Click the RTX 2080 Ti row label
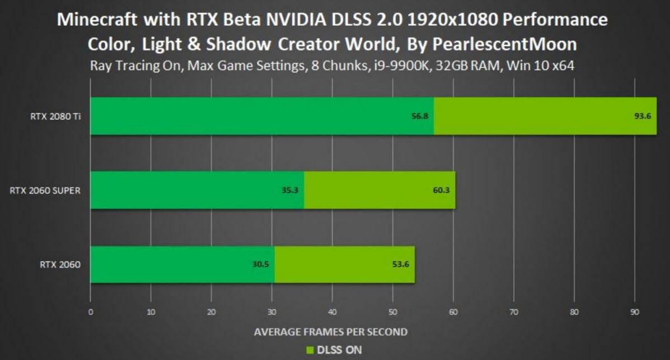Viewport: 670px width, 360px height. click(x=54, y=117)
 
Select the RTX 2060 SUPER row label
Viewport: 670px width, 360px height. click(x=45, y=190)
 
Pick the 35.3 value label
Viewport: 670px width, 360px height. click(x=289, y=190)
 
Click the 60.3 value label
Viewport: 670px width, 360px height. click(x=441, y=190)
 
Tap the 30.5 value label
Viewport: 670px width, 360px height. click(x=260, y=264)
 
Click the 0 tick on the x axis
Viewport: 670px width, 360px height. click(x=91, y=312)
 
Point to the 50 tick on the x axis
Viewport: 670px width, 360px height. click(x=393, y=312)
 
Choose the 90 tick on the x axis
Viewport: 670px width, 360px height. click(x=634, y=312)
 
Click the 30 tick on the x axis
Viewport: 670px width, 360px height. click(x=272, y=312)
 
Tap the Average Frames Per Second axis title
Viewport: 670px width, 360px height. click(x=331, y=331)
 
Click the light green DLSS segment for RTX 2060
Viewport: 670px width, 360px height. click(x=344, y=264)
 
